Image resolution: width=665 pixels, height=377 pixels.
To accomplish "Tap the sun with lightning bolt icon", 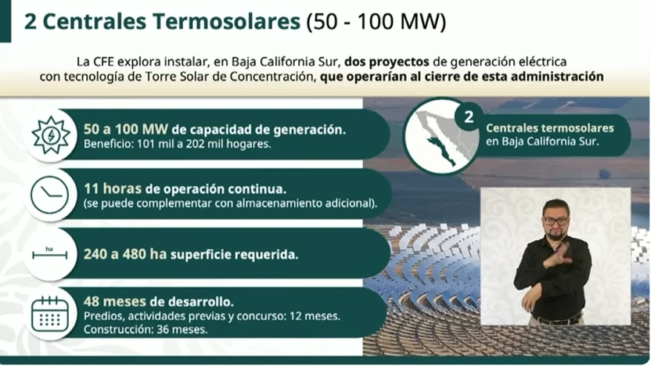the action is click(x=51, y=135).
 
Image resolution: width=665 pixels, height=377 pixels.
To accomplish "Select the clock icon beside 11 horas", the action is click(x=50, y=195).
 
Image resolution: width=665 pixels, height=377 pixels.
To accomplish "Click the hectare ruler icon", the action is click(x=49, y=253).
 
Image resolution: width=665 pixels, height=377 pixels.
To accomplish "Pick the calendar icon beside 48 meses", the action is click(x=50, y=314).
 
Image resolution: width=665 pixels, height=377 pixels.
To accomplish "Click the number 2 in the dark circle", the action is click(x=469, y=117).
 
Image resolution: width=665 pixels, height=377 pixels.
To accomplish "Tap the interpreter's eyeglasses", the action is click(x=555, y=221).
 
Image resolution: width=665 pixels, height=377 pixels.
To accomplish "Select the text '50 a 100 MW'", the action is click(x=125, y=129).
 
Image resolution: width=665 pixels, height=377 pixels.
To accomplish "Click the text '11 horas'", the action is click(x=113, y=188).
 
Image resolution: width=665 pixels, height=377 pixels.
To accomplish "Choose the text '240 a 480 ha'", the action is click(x=124, y=254).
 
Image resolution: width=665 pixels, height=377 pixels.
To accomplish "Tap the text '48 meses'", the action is click(x=114, y=301).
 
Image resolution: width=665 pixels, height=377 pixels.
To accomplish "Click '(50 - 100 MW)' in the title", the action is click(x=376, y=22).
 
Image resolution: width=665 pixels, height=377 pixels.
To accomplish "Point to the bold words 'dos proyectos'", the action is click(x=386, y=62).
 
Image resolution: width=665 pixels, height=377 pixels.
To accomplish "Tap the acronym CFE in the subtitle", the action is click(x=103, y=62).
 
